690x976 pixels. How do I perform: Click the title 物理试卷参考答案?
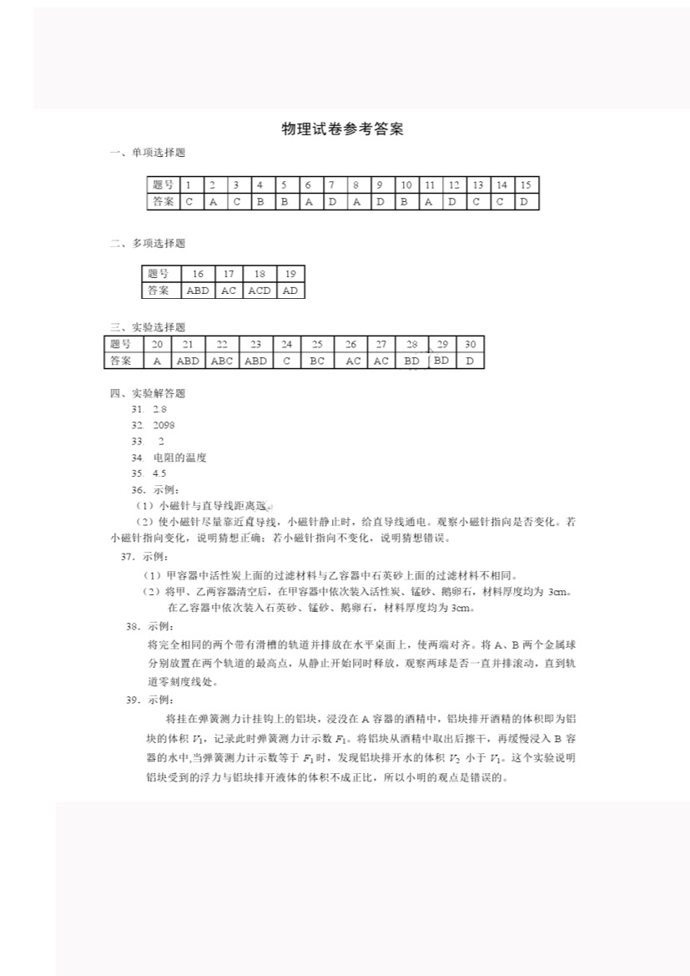(x=342, y=129)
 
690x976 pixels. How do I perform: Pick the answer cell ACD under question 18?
(x=259, y=291)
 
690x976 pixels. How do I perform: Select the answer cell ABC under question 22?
(x=222, y=361)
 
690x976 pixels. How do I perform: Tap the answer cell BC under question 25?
(x=317, y=361)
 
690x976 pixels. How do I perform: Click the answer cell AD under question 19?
(x=290, y=291)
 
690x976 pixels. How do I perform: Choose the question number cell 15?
(x=526, y=185)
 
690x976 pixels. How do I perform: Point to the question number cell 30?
(x=471, y=344)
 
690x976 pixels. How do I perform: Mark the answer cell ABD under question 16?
(x=198, y=291)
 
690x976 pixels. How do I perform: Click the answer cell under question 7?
(x=331, y=201)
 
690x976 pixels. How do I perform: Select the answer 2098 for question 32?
(x=164, y=425)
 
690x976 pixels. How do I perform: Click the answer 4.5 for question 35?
(x=159, y=473)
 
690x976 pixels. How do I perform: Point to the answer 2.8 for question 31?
(x=159, y=409)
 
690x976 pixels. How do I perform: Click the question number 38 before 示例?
(x=133, y=626)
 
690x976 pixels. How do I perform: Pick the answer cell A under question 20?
(x=157, y=361)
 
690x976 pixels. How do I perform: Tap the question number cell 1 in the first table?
(x=189, y=185)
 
